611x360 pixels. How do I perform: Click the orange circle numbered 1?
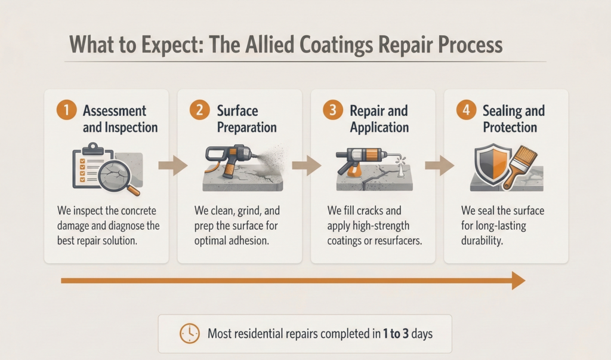click(x=66, y=110)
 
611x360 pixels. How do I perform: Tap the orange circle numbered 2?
click(x=199, y=110)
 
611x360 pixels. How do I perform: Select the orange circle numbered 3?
click(x=333, y=110)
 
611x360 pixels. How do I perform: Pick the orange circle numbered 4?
click(x=466, y=110)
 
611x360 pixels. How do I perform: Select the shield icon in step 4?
click(x=492, y=164)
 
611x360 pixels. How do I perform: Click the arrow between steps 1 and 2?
click(x=173, y=165)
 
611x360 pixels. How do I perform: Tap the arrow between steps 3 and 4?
click(x=440, y=165)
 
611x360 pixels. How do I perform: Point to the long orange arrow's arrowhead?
click(x=519, y=281)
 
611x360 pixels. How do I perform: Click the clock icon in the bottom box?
click(x=189, y=334)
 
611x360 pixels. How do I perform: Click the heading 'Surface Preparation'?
click(x=246, y=119)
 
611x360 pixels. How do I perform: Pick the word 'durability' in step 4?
click(x=482, y=241)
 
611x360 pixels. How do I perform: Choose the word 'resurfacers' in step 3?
click(x=397, y=241)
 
